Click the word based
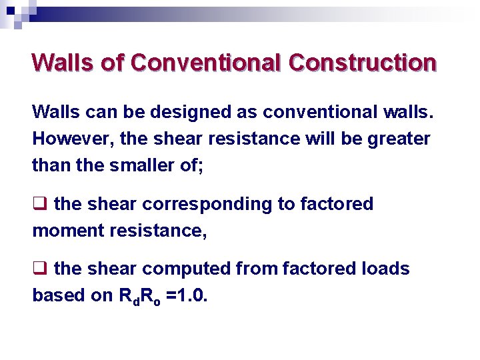click(55, 295)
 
